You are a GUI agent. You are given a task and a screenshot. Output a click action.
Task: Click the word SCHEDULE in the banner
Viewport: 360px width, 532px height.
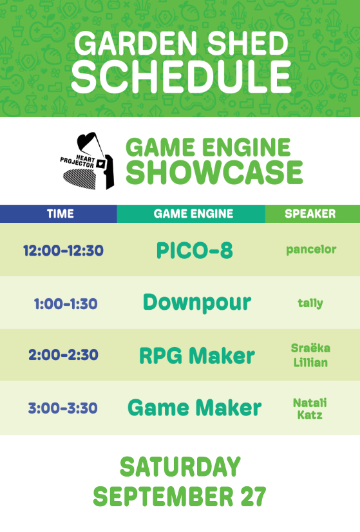(x=182, y=77)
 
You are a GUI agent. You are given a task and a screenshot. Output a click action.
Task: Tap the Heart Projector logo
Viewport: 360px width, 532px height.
(x=87, y=161)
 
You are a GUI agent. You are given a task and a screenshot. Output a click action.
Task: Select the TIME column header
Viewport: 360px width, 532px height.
(x=61, y=214)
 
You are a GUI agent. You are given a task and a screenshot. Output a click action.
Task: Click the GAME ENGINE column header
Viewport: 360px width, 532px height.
(x=193, y=214)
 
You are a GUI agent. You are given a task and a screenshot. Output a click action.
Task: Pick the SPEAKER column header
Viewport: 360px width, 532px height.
(x=310, y=214)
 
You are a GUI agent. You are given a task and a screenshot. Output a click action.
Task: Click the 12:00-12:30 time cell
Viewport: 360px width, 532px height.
(x=64, y=251)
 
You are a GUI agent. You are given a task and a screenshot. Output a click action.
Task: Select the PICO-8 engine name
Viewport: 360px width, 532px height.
(x=194, y=251)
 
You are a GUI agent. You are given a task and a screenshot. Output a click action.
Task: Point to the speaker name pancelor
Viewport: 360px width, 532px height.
(x=311, y=250)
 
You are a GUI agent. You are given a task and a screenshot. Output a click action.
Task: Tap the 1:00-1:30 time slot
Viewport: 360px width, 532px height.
(x=66, y=303)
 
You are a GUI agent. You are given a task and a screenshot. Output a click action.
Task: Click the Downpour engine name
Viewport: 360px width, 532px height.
(x=197, y=303)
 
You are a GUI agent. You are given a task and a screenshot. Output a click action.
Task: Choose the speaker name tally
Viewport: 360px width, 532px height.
(x=310, y=303)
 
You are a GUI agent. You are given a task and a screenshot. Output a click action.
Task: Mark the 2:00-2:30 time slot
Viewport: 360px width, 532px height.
(x=64, y=356)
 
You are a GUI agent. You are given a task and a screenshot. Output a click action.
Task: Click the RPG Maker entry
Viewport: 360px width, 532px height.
(x=197, y=356)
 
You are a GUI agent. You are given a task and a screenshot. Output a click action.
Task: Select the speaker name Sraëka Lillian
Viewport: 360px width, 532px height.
(x=310, y=356)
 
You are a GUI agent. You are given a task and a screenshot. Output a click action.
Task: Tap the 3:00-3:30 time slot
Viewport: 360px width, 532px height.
(x=62, y=408)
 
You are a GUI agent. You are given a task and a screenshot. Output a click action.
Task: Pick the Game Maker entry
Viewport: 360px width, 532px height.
(x=194, y=408)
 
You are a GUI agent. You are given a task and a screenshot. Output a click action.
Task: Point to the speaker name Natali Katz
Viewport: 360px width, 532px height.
(x=310, y=409)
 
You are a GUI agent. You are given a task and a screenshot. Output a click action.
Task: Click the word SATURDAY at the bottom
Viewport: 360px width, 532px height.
(x=180, y=467)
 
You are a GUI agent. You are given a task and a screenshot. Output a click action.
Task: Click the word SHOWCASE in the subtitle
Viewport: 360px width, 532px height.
(x=214, y=173)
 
